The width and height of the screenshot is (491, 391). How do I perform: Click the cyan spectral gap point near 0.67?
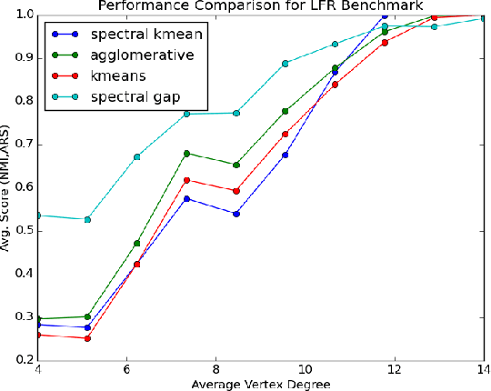coord(136,156)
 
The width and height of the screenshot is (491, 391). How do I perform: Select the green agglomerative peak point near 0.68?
coord(186,153)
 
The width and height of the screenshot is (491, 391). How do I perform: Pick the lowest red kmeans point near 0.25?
coord(87,338)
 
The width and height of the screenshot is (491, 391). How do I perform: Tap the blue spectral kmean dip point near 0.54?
coord(236,214)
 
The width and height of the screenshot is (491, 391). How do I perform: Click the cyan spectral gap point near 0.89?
coord(286,63)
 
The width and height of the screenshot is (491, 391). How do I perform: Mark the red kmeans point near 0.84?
coord(336,85)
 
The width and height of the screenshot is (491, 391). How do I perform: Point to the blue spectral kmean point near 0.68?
coord(286,155)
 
